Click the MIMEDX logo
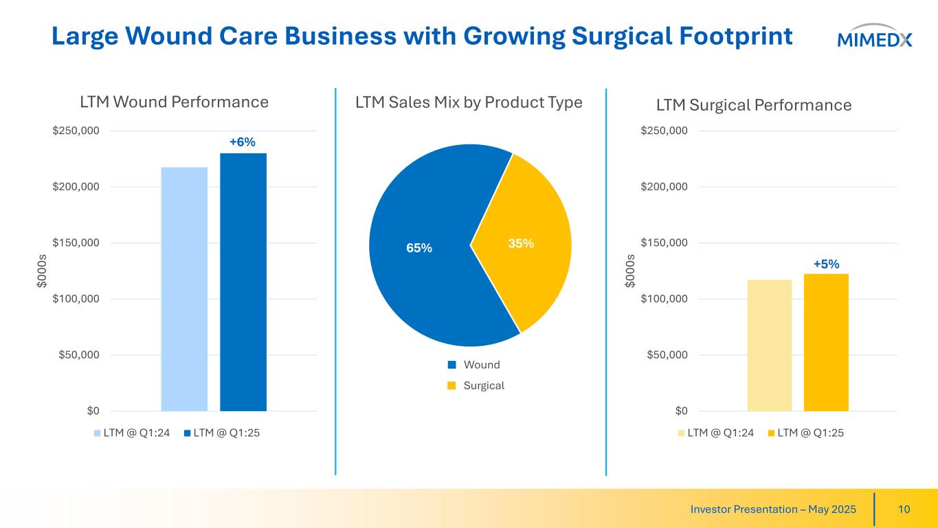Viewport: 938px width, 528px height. (874, 38)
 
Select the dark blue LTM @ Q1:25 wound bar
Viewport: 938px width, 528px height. (243, 282)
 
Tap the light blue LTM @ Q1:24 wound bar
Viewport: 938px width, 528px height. (184, 289)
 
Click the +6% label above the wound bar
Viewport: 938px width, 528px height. (242, 142)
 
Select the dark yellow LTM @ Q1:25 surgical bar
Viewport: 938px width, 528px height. (826, 342)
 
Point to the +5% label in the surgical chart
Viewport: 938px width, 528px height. (826, 264)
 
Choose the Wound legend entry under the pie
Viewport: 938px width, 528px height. (474, 364)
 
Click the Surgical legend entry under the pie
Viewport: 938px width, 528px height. (476, 385)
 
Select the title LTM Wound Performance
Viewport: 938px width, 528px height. (174, 102)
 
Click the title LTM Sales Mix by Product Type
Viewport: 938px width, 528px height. (469, 102)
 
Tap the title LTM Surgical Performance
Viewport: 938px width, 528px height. (754, 105)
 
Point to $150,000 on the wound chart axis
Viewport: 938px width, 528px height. (75, 243)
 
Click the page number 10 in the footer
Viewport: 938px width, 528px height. (904, 509)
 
